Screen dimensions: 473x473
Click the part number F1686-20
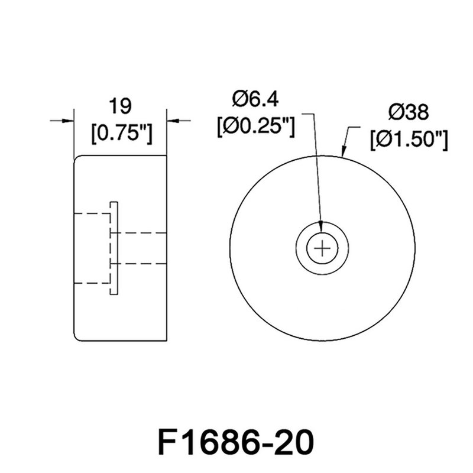click(x=236, y=441)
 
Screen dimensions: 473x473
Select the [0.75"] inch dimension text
click(x=121, y=133)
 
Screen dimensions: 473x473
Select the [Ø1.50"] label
click(x=408, y=140)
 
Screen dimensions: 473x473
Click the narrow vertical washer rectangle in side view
click(x=114, y=248)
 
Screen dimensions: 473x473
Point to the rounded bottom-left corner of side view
click(x=76, y=338)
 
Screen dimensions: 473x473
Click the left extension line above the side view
click(x=73, y=130)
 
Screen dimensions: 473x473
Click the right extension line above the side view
click(x=167, y=130)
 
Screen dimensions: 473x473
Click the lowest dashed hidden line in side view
click(x=92, y=284)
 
